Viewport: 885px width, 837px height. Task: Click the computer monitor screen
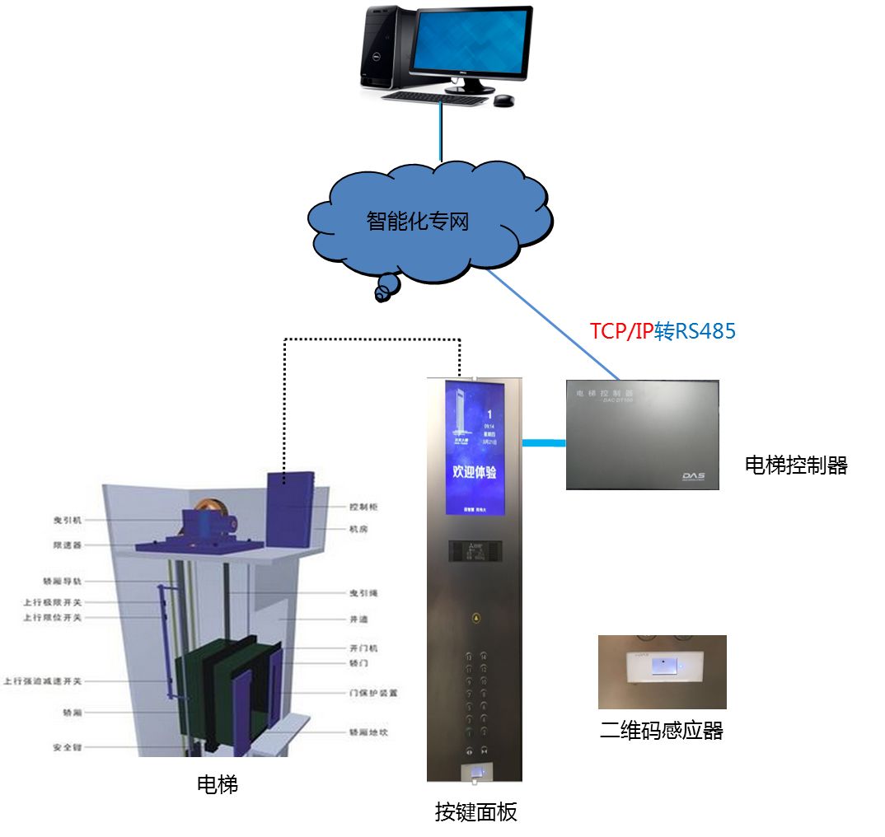[472, 40]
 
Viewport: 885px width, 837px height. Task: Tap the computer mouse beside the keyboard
[503, 101]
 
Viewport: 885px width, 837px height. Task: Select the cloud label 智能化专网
[418, 221]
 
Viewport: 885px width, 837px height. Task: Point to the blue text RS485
[705, 331]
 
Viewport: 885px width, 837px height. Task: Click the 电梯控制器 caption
[795, 465]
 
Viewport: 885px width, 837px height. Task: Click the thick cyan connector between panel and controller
[545, 444]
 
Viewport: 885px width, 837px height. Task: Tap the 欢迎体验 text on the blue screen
[474, 472]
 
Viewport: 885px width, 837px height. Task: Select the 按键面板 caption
[475, 812]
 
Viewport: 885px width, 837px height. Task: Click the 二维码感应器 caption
[661, 731]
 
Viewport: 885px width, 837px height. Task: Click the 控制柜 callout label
[363, 507]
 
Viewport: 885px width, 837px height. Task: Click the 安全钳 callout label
[65, 748]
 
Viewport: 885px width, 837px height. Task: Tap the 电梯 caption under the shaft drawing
[218, 784]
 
